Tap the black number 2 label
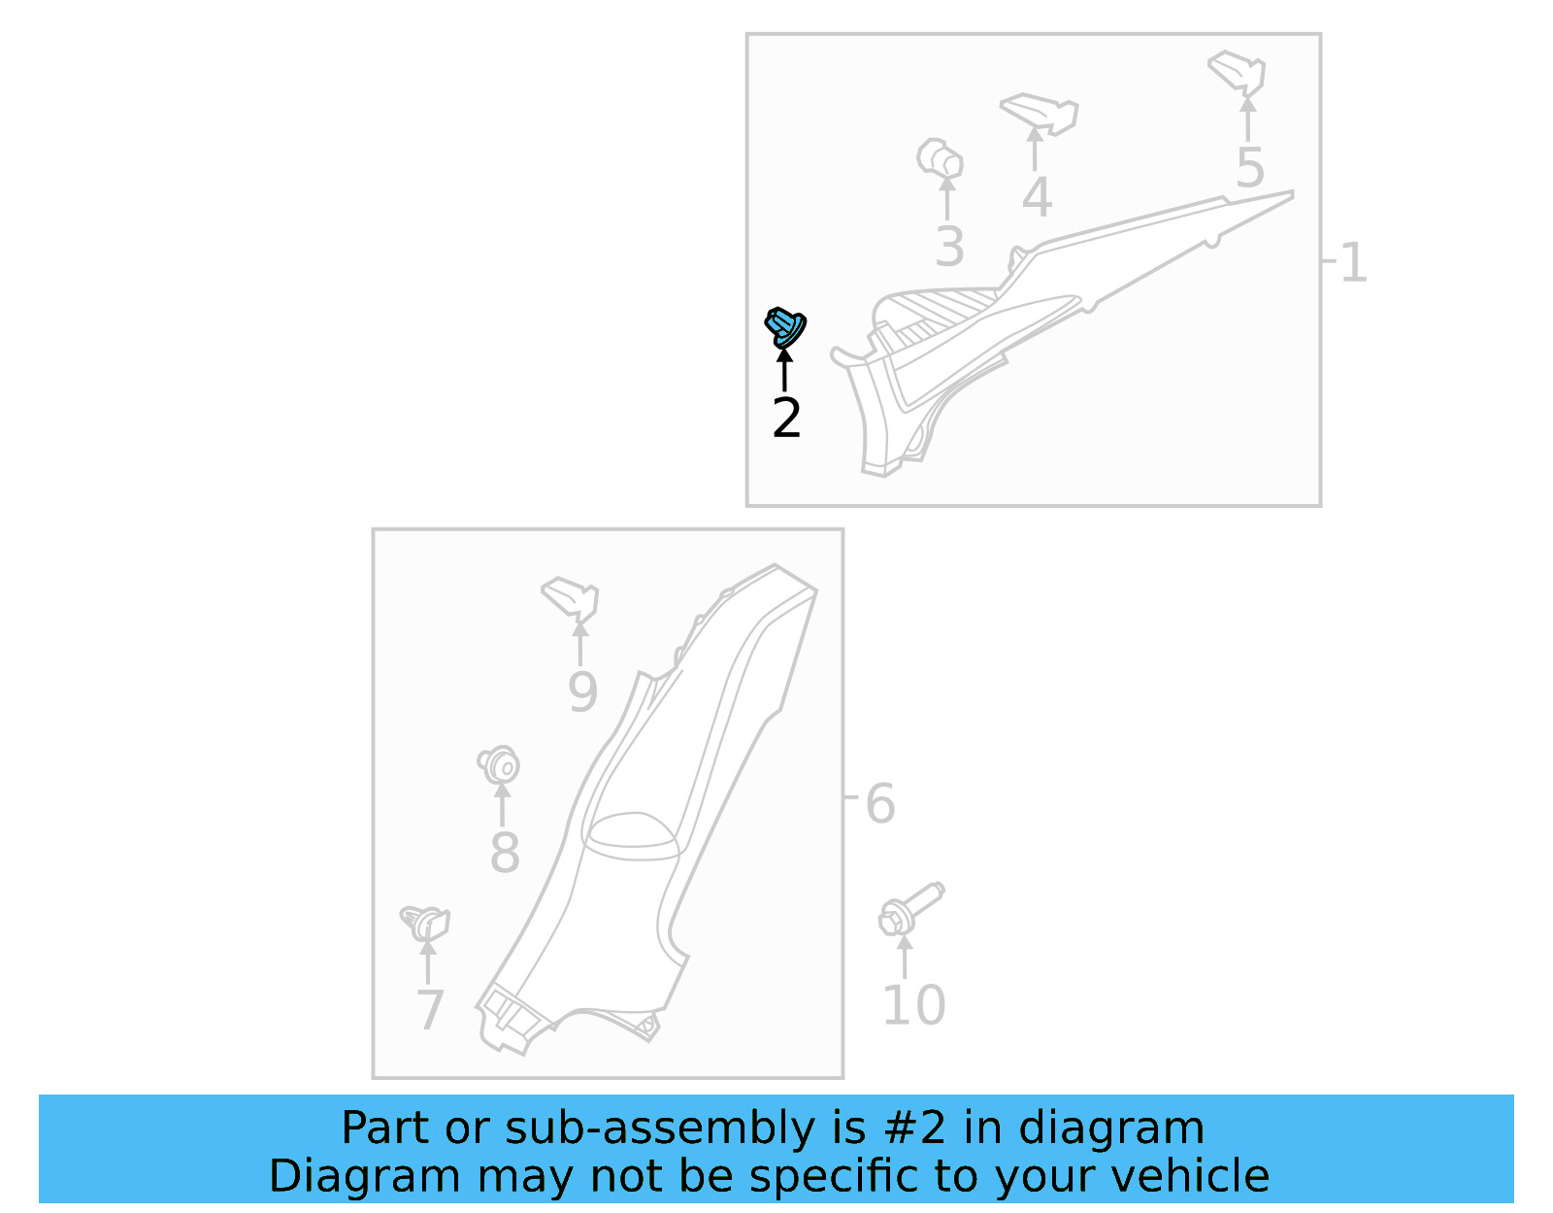point(786,419)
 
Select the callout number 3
point(949,247)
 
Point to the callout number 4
point(1037,198)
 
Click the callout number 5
point(1250,169)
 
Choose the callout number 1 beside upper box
point(1353,263)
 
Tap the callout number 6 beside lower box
point(879,804)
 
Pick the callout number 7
point(430,1010)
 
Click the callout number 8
point(505,853)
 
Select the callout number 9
point(582,692)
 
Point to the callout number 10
point(912,1005)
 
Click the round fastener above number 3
point(940,157)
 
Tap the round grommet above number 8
point(500,765)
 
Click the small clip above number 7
point(426,922)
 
